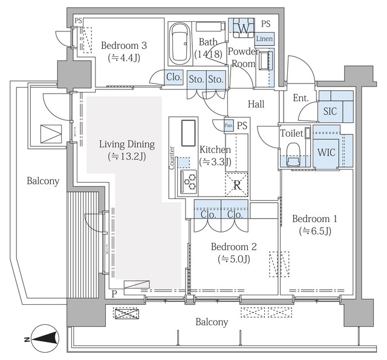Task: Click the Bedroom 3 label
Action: click(124, 45)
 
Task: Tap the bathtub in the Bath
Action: click(180, 44)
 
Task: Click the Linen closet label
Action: click(264, 39)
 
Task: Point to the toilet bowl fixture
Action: click(293, 154)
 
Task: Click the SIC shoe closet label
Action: click(330, 111)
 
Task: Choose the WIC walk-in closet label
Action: click(327, 152)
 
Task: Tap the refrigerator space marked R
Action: click(236, 185)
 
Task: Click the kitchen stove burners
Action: click(189, 182)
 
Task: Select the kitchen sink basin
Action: click(189, 133)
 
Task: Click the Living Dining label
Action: click(127, 144)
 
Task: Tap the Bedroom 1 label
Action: click(314, 219)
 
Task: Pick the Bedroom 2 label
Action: click(234, 247)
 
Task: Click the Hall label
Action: click(256, 104)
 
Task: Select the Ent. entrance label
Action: click(301, 98)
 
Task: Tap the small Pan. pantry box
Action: click(229, 125)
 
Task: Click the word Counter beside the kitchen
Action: click(172, 158)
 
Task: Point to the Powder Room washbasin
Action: click(264, 61)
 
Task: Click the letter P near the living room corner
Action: click(114, 294)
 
